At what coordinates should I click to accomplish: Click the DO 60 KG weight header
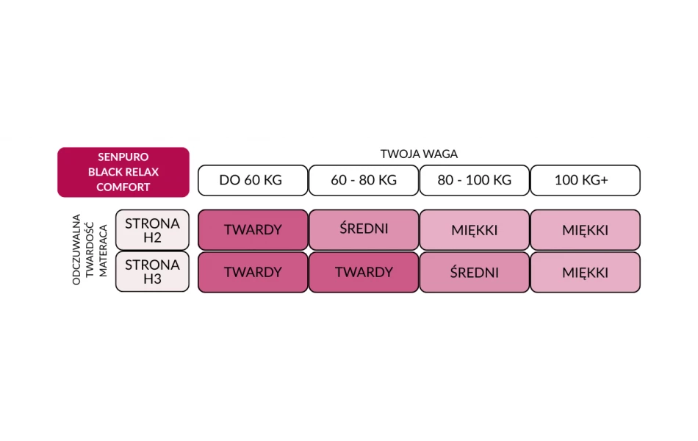pyautogui.click(x=252, y=180)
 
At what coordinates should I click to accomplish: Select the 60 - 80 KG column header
pyautogui.click(x=364, y=180)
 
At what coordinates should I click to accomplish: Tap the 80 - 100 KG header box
pyautogui.click(x=475, y=180)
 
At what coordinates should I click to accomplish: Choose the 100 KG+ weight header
pyautogui.click(x=585, y=180)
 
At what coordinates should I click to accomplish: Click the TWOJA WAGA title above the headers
pyautogui.click(x=419, y=154)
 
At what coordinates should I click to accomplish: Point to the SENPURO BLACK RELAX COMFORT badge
pyautogui.click(x=123, y=172)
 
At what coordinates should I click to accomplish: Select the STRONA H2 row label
pyautogui.click(x=152, y=230)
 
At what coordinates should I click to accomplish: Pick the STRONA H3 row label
pyautogui.click(x=152, y=272)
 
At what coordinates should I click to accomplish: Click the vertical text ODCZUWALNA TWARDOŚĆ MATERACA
pyautogui.click(x=90, y=250)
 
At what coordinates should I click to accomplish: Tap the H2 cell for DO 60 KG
pyautogui.click(x=253, y=230)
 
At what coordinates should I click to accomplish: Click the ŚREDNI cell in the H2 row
pyautogui.click(x=364, y=230)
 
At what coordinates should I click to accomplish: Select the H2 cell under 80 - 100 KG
pyautogui.click(x=475, y=230)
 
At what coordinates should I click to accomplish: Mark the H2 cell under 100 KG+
pyautogui.click(x=585, y=230)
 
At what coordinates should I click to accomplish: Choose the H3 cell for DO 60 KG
pyautogui.click(x=253, y=272)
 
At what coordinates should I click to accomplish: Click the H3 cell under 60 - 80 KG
pyautogui.click(x=364, y=272)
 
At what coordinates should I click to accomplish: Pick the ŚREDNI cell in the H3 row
pyautogui.click(x=475, y=272)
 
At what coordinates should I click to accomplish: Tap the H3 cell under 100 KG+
pyautogui.click(x=585, y=272)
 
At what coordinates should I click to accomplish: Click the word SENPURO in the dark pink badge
pyautogui.click(x=123, y=157)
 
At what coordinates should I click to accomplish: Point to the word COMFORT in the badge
pyautogui.click(x=123, y=187)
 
